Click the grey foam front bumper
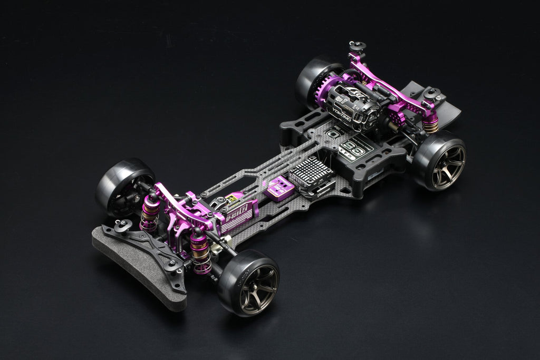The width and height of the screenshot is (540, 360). point(134,269)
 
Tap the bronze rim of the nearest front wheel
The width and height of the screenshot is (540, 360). point(258,287)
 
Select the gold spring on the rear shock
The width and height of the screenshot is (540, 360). point(430,124)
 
